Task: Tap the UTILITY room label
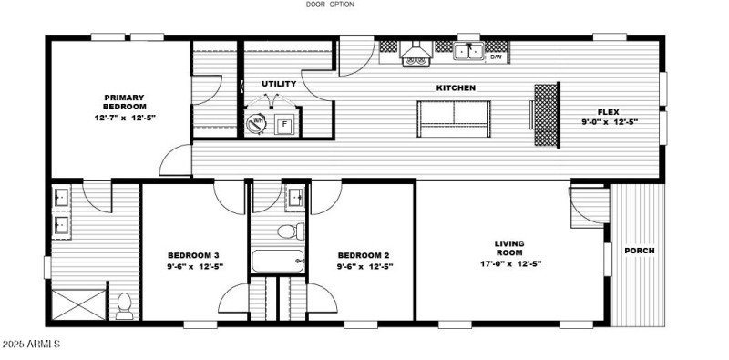pos(279,84)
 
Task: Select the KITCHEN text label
pos(456,88)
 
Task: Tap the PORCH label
pos(639,251)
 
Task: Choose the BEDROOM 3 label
pos(192,255)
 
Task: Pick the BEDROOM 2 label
pos(364,255)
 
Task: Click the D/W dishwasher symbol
pos(497,57)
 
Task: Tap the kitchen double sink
pos(468,53)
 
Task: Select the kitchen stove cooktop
pos(416,60)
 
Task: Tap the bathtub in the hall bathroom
pos(278,262)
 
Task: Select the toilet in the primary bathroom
pos(125,303)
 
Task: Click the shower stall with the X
pos(72,303)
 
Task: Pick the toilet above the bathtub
pos(290,231)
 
